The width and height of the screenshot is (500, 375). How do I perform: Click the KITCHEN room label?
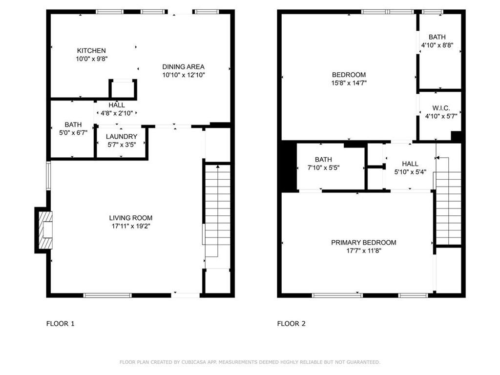point(91,50)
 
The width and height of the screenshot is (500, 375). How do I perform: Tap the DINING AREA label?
point(184,66)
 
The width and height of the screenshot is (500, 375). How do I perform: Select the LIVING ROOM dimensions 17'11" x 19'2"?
point(131,226)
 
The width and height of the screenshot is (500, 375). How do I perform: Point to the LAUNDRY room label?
point(122,137)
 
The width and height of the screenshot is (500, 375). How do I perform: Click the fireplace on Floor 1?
point(43,230)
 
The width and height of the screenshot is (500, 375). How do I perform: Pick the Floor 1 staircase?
point(217,210)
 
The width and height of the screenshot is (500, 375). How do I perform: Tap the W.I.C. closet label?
point(441,108)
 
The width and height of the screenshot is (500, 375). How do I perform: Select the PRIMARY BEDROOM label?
point(363,242)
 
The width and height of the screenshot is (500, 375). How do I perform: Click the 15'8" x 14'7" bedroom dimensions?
point(349,83)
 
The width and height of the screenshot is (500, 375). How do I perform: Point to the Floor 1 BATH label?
point(73,125)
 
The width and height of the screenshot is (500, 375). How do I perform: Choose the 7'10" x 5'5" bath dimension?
point(323,168)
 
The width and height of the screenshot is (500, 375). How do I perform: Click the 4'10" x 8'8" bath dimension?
point(437,45)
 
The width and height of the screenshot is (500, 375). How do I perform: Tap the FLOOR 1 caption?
point(60,324)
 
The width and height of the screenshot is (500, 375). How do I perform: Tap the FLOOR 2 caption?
point(291,324)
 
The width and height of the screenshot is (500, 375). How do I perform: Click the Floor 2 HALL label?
point(410,164)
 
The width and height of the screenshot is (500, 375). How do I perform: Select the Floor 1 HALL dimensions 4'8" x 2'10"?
point(117,113)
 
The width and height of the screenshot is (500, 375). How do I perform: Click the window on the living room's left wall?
point(48,176)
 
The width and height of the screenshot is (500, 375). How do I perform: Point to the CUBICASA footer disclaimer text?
point(250,362)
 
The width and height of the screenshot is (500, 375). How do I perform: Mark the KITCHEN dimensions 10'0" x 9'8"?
point(91,59)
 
